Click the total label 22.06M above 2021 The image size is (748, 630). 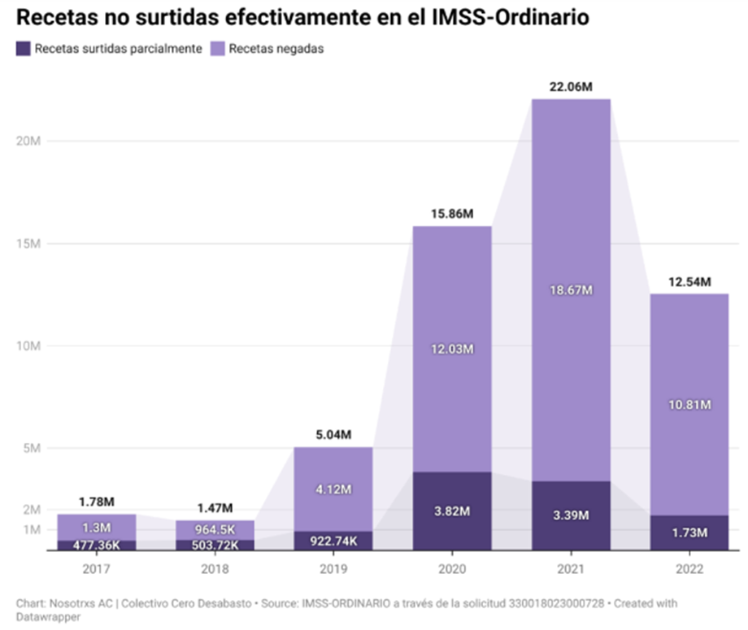[x=572, y=87]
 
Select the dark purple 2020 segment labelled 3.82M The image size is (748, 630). [x=452, y=511]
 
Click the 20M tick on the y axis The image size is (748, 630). [x=29, y=141]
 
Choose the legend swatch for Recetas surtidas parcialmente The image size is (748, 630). [x=23, y=49]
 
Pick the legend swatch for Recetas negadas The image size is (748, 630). [x=217, y=49]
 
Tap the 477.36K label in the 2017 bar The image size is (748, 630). [x=97, y=545]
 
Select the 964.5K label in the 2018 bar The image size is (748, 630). [x=215, y=530]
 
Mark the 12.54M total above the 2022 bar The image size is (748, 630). [x=689, y=282]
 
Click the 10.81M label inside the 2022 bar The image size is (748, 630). [x=689, y=404]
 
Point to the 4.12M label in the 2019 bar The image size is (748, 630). [x=333, y=489]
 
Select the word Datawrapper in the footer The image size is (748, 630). [x=49, y=617]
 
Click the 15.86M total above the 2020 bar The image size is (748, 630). [x=452, y=215]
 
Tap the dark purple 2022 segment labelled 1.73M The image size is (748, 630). [x=689, y=532]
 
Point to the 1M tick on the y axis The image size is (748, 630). [x=33, y=530]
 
